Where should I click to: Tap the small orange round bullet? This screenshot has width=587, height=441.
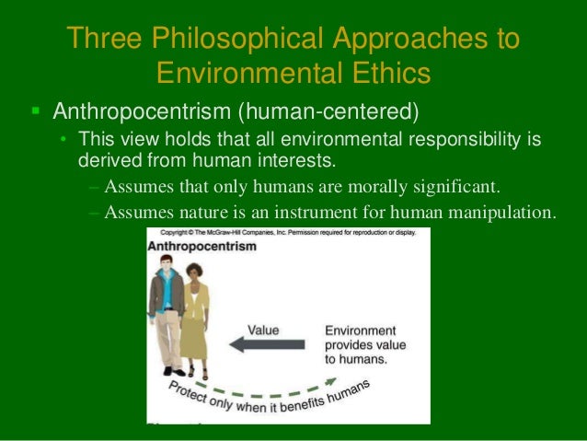(63, 140)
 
